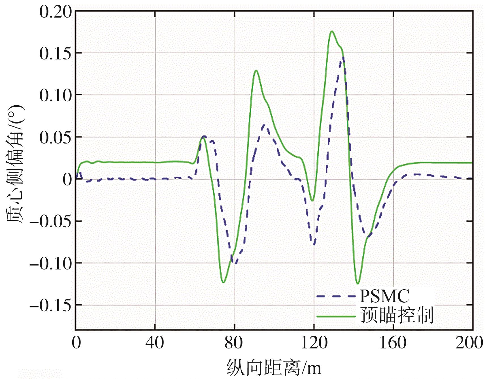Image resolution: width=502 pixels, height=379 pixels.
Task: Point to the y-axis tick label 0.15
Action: (56, 53)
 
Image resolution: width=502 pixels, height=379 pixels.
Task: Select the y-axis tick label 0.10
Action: (56, 95)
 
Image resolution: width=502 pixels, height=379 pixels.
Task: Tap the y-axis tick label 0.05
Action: (56, 137)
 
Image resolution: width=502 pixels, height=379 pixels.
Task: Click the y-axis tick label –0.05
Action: (50, 221)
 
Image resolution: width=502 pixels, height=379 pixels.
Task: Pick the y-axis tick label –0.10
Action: (50, 263)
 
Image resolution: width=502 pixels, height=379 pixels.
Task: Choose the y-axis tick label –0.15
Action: (50, 305)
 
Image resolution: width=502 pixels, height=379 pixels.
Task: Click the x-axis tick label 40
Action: (155, 342)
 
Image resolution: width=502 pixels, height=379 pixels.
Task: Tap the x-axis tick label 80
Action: (234, 342)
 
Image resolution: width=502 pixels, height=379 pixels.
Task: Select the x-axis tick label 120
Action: (314, 342)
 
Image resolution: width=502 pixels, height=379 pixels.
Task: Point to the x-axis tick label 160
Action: (393, 342)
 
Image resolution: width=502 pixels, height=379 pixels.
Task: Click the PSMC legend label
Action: (384, 296)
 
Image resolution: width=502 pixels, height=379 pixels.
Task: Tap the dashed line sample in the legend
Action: (336, 296)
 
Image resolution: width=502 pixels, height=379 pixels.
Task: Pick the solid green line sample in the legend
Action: (336, 316)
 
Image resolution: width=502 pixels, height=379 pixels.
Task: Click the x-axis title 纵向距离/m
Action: (274, 368)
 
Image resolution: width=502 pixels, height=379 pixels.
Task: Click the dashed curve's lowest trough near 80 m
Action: (235, 263)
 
